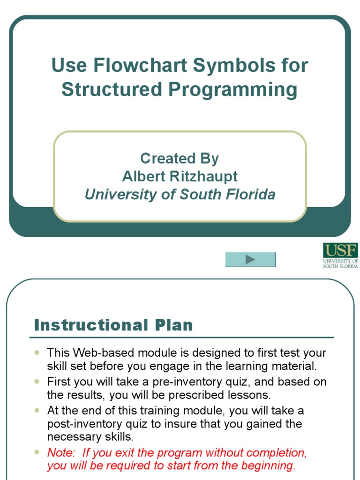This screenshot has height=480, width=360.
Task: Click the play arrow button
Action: point(250,259)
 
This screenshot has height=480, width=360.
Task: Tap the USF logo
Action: point(340,255)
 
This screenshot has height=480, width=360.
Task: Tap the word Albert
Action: point(141,176)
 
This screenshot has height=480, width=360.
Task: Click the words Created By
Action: point(180,158)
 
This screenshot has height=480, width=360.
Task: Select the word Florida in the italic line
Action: point(251,194)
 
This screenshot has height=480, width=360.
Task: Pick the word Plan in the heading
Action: point(175,325)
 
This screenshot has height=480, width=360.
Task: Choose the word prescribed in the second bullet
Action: point(210,395)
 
